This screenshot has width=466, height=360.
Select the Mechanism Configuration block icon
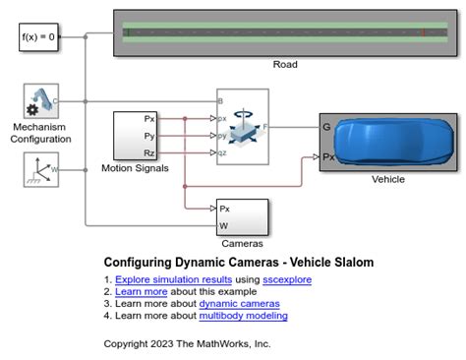[x=40, y=101]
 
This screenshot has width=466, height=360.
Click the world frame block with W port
[x=40, y=171]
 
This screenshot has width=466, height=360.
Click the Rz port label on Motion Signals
[x=149, y=153]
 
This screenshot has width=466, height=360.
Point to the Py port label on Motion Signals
[x=149, y=136]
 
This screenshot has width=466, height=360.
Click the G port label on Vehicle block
[x=326, y=126]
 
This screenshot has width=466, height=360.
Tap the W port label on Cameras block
[x=224, y=225]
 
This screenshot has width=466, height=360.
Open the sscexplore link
[x=286, y=280]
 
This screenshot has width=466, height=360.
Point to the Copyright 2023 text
[x=187, y=343]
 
